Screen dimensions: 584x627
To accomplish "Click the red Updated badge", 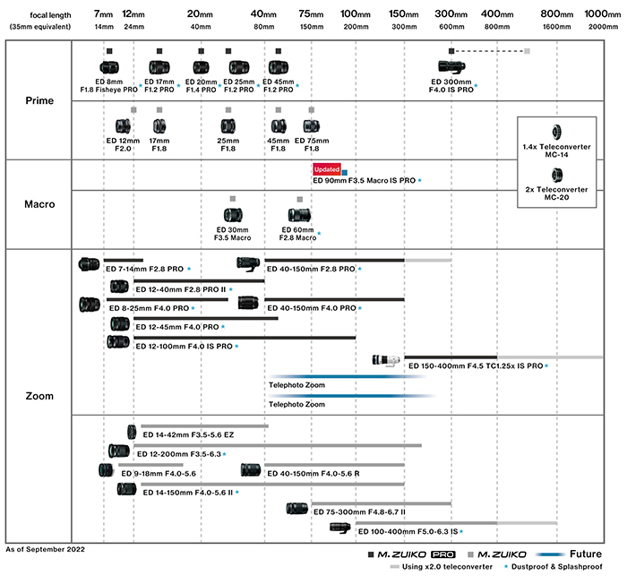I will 326,169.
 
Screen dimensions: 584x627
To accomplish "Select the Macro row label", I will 39,204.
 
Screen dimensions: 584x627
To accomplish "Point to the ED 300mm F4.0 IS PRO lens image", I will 456,67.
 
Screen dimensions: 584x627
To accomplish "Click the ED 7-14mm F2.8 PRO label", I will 144,269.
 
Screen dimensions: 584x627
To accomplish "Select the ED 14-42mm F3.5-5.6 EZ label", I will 188,434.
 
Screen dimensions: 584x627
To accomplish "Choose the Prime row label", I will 39,101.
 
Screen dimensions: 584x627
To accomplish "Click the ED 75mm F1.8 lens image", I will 312,126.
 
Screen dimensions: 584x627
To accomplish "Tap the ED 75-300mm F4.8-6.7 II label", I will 360,512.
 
